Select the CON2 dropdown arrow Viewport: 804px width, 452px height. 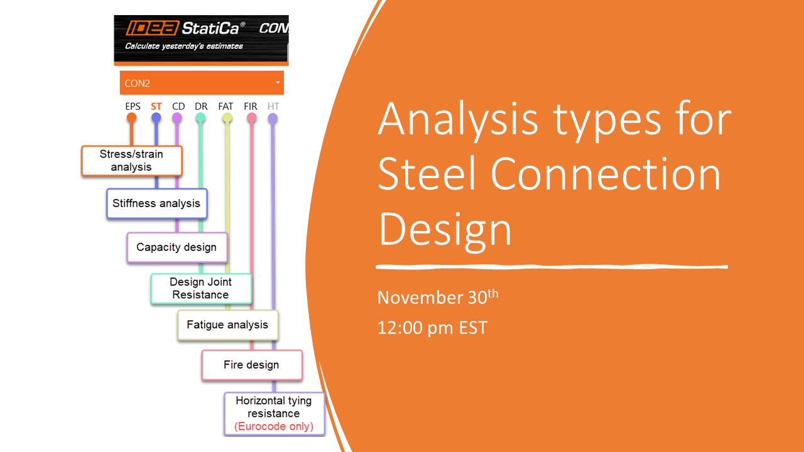[278, 83]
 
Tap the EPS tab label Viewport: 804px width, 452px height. [133, 107]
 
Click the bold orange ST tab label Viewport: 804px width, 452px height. [156, 107]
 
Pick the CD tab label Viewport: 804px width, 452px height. [178, 107]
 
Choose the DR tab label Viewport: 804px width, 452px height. [201, 107]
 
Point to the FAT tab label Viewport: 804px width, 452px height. [226, 107]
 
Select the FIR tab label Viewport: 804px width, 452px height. [251, 107]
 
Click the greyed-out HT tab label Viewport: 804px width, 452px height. [273, 107]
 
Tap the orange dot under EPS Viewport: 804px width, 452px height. [131, 117]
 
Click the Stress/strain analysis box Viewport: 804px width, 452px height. [131, 161]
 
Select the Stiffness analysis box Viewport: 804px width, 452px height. [156, 203]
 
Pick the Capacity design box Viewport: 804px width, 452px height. [177, 247]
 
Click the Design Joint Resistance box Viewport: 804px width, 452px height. [201, 289]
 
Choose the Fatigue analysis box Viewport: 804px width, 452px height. [227, 325]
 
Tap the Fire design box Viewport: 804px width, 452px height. [251, 365]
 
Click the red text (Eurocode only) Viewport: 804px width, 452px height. [274, 427]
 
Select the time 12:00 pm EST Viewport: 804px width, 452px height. [432, 327]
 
